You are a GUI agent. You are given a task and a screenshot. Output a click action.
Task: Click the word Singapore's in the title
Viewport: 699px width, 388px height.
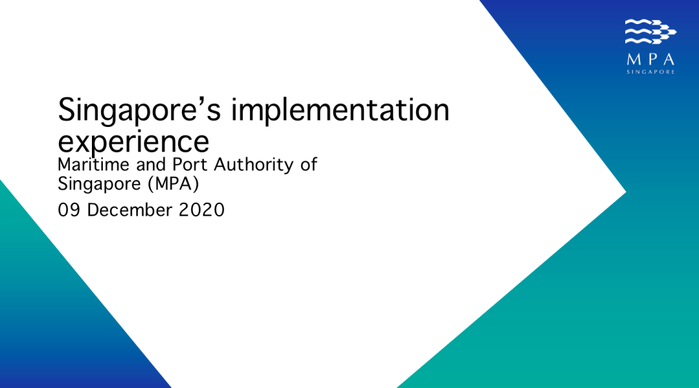pos(139,111)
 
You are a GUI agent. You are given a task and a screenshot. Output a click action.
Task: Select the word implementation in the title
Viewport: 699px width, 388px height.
pos(340,109)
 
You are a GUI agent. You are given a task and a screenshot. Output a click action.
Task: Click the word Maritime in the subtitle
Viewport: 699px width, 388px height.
pos(93,165)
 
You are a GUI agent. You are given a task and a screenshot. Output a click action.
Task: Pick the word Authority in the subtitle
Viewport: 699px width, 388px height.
pos(253,165)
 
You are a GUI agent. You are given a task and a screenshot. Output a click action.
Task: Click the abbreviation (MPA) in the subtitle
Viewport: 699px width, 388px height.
pos(174,184)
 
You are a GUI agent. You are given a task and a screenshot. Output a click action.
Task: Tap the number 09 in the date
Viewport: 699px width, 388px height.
pos(69,210)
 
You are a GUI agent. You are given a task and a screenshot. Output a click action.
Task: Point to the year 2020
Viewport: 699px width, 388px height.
pos(201,210)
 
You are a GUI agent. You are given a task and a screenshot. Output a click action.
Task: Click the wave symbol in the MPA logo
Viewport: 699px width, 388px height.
pos(650,32)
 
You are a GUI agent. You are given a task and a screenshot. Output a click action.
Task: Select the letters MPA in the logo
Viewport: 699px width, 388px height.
pos(650,60)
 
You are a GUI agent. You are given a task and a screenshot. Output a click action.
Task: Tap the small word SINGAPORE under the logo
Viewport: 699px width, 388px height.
pos(650,72)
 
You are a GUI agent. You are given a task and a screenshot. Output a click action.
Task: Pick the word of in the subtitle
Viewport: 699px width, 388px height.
pos(309,165)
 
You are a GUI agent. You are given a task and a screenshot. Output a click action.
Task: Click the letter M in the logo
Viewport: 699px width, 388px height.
pos(633,60)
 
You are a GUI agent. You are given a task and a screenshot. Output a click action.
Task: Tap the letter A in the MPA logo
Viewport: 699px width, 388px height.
pos(668,60)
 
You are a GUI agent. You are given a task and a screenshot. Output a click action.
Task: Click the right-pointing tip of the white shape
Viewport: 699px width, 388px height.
pos(626,192)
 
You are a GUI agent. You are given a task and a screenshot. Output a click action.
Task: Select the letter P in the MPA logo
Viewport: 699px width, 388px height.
pos(651,60)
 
